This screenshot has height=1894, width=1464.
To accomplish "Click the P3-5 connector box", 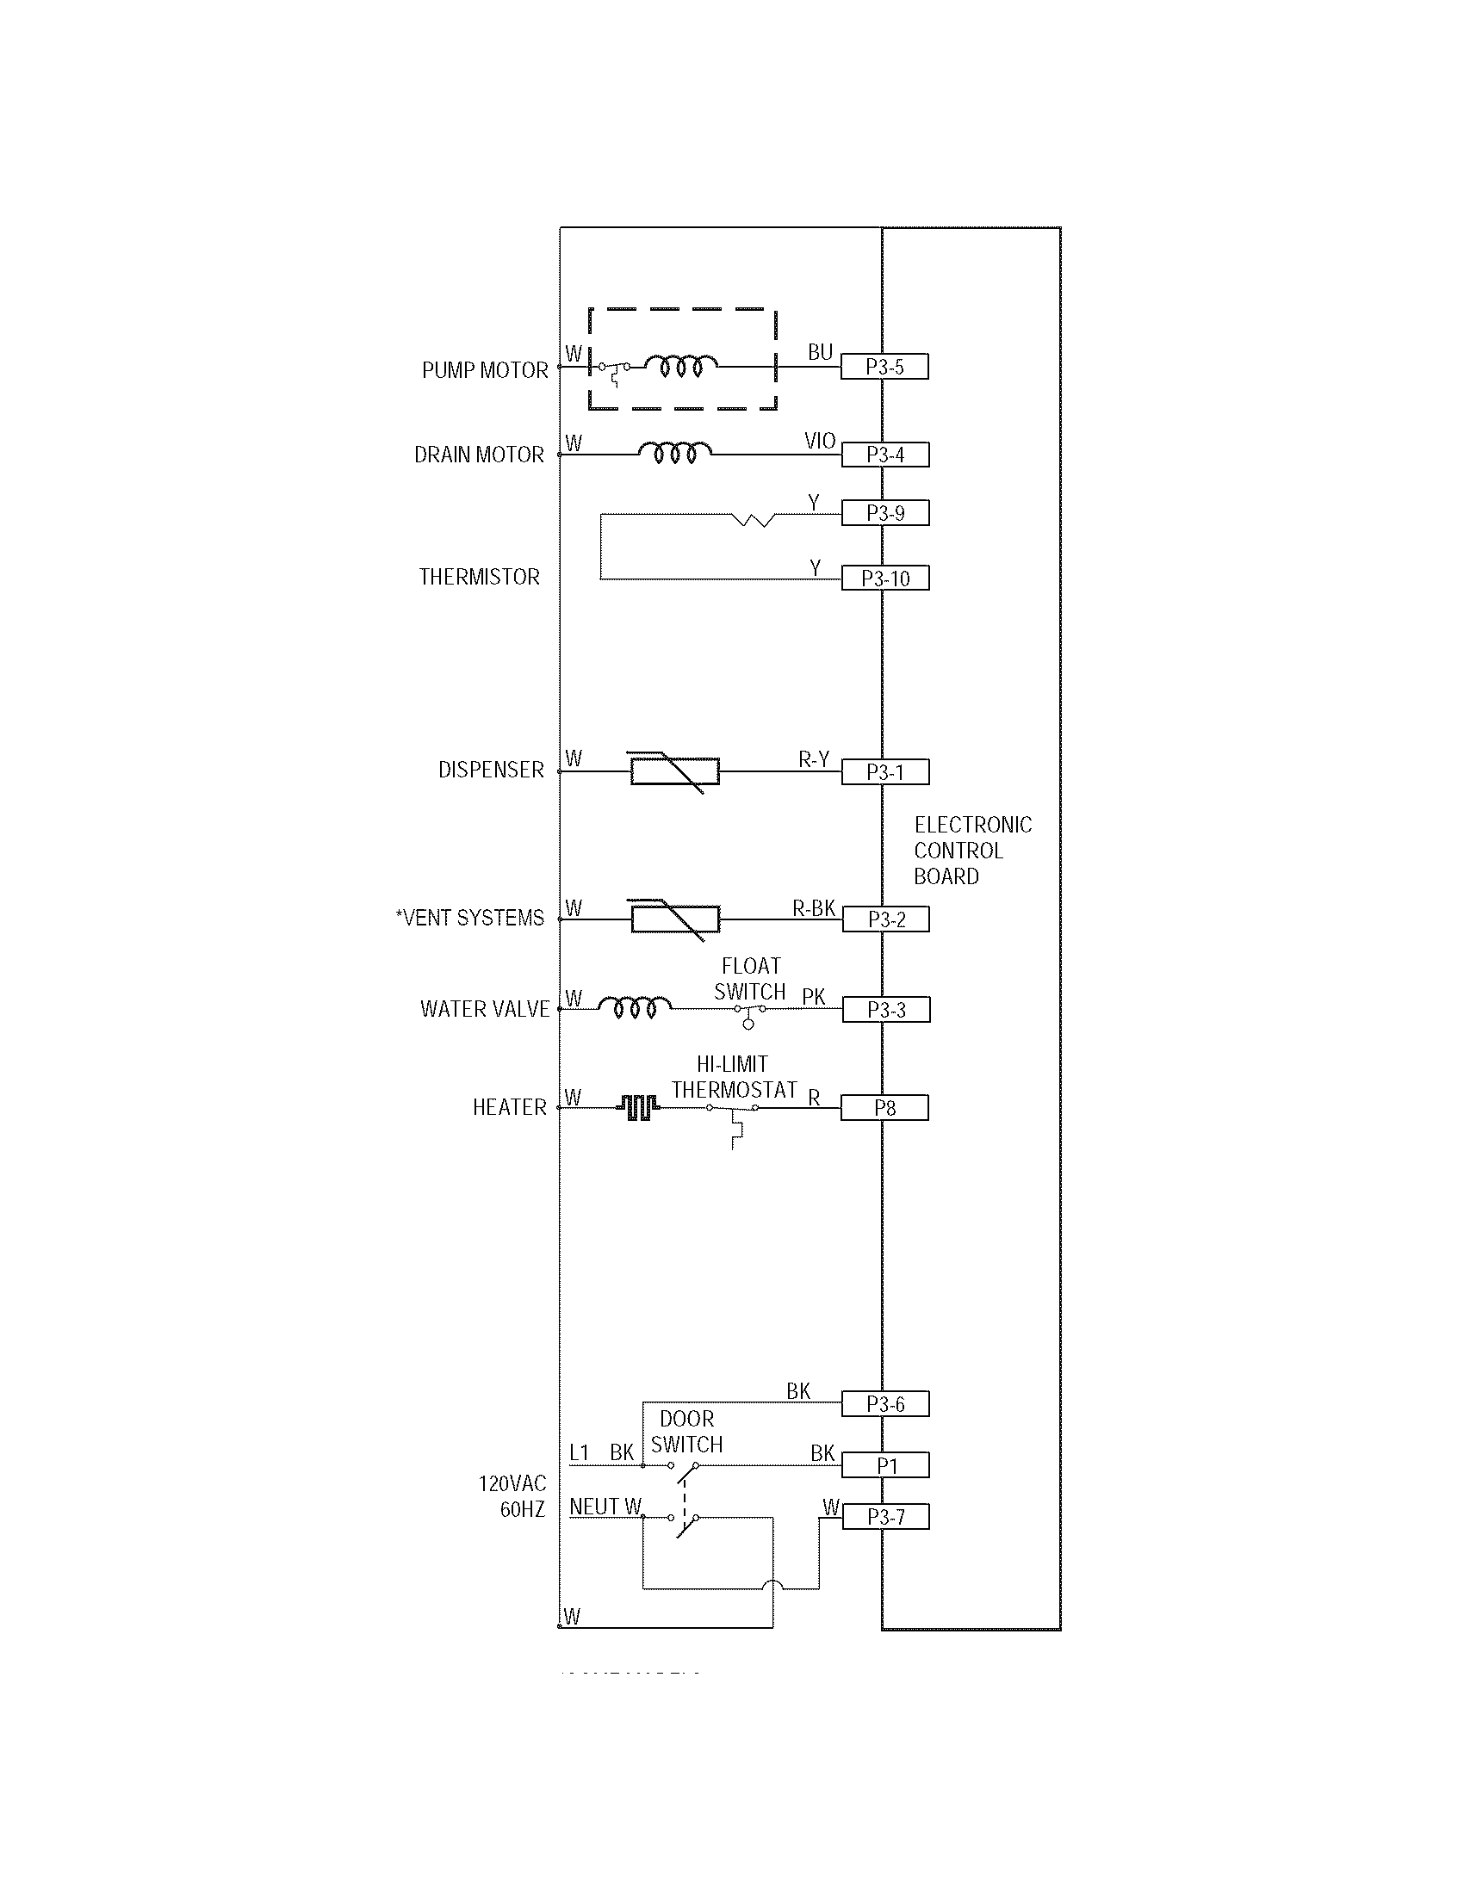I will (884, 367).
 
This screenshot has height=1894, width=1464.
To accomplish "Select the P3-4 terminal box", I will (884, 455).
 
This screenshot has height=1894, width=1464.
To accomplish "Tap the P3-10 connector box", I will (884, 579).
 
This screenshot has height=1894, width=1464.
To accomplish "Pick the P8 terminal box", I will (884, 1107).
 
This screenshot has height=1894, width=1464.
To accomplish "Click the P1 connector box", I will (885, 1465).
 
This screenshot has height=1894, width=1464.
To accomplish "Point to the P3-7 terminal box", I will (885, 1517).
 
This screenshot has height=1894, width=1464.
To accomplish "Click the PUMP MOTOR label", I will (485, 370).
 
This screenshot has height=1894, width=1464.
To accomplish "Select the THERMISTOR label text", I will (479, 577).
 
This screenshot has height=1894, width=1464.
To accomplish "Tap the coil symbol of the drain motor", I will (676, 452).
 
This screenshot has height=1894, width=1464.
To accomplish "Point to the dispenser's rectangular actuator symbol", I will (675, 771).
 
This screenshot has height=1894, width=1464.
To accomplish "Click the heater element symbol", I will (638, 1106).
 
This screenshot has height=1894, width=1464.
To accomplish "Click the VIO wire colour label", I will (820, 441).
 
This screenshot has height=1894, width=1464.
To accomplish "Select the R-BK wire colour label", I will (814, 908).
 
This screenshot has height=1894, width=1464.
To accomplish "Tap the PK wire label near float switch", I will (814, 997).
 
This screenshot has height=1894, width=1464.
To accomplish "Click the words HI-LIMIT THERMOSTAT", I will (734, 1077).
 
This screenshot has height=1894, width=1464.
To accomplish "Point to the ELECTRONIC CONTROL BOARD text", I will (971, 850).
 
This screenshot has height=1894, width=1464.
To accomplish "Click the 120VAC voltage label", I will (512, 1484).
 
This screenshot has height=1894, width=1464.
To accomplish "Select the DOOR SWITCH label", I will (687, 1432).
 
